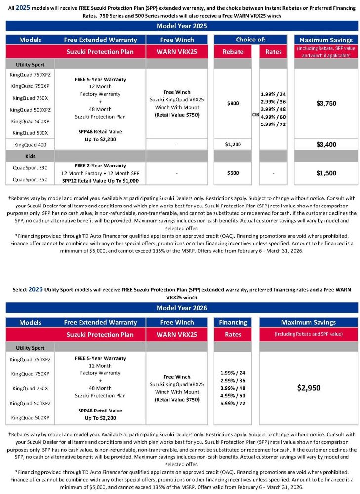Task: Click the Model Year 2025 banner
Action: point(182,26)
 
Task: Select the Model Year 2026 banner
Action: point(182,308)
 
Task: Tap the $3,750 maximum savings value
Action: point(325,104)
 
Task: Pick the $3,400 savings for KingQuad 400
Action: point(325,144)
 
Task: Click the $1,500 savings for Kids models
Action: point(325,173)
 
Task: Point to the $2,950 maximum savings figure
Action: point(309,388)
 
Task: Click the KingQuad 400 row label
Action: point(29,144)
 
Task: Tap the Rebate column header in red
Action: point(232,52)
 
